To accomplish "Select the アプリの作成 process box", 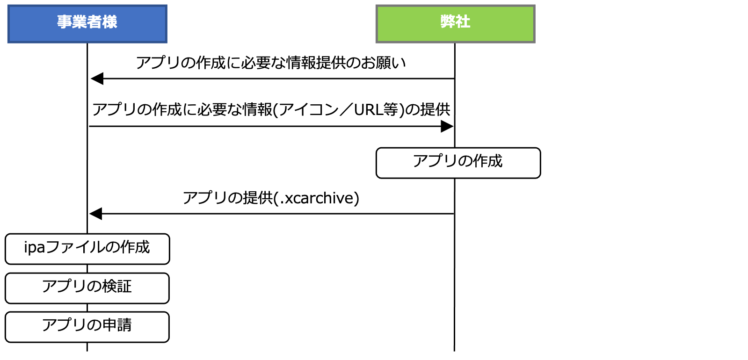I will click(x=458, y=163).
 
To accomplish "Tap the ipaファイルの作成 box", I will click(x=87, y=249).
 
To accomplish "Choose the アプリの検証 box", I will click(x=87, y=288).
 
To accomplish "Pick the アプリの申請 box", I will click(x=87, y=327).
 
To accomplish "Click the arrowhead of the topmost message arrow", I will click(x=97, y=79).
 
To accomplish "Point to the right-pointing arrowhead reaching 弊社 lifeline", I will click(x=447, y=126).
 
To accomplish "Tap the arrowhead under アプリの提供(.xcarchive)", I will click(x=95, y=214).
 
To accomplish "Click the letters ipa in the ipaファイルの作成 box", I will click(x=35, y=247).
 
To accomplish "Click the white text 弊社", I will click(x=455, y=22).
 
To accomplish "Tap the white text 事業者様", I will click(x=87, y=22).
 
